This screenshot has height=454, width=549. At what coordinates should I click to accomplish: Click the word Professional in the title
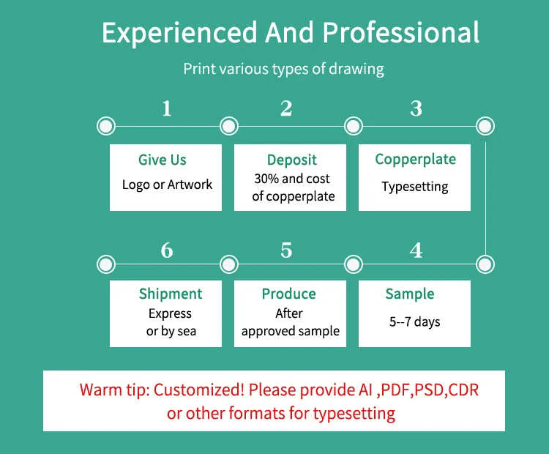click(401, 33)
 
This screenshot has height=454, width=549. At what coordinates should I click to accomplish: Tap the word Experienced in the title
click(179, 33)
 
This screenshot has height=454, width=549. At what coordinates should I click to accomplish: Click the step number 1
click(167, 109)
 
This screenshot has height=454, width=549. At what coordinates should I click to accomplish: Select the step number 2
click(286, 109)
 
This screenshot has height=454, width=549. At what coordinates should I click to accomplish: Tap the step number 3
click(416, 109)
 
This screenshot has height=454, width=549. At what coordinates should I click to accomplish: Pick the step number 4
click(416, 250)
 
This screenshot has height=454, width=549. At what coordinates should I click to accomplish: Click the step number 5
click(286, 250)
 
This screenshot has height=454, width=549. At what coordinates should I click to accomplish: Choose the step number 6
click(167, 250)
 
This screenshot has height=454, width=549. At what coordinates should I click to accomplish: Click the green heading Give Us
click(163, 160)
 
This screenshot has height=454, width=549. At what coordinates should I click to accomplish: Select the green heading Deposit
click(292, 160)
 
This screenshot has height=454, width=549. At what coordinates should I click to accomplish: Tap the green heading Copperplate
click(415, 159)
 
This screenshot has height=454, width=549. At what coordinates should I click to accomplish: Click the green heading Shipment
click(171, 294)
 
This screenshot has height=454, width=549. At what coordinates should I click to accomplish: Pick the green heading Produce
click(289, 294)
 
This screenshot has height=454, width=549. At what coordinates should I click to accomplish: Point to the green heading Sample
click(410, 294)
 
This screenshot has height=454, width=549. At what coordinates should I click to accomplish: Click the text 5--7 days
click(415, 321)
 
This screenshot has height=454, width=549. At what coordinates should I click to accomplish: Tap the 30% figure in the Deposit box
click(266, 179)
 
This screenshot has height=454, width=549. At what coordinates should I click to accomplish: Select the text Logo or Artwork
click(167, 185)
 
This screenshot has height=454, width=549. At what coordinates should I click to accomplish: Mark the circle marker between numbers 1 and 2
click(229, 126)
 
